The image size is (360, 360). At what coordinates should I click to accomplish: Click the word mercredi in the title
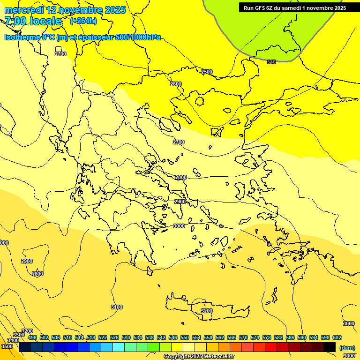[24, 10]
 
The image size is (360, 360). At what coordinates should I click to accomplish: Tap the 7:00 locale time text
[33, 21]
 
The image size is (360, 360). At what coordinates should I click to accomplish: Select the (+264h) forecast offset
[83, 21]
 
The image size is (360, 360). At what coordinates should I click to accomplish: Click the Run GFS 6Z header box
[294, 8]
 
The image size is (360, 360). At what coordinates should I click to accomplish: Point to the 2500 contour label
[207, 72]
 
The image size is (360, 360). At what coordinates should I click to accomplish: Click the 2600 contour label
[176, 84]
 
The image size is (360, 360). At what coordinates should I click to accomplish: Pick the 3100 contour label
[117, 307]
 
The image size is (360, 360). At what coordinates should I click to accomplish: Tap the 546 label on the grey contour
[271, 62]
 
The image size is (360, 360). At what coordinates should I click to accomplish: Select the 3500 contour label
[7, 346]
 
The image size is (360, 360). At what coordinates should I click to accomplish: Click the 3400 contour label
[13, 340]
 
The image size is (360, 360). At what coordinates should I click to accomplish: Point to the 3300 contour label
[19, 335]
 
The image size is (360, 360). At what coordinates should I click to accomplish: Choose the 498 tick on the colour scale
[32, 337]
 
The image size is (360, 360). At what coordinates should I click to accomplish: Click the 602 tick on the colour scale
[337, 337]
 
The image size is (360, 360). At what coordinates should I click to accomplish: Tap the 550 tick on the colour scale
[185, 337]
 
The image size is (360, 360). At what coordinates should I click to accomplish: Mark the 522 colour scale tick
[103, 337]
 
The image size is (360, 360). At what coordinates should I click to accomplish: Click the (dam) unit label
[347, 348]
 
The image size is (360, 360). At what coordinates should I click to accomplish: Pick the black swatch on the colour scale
[330, 347]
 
